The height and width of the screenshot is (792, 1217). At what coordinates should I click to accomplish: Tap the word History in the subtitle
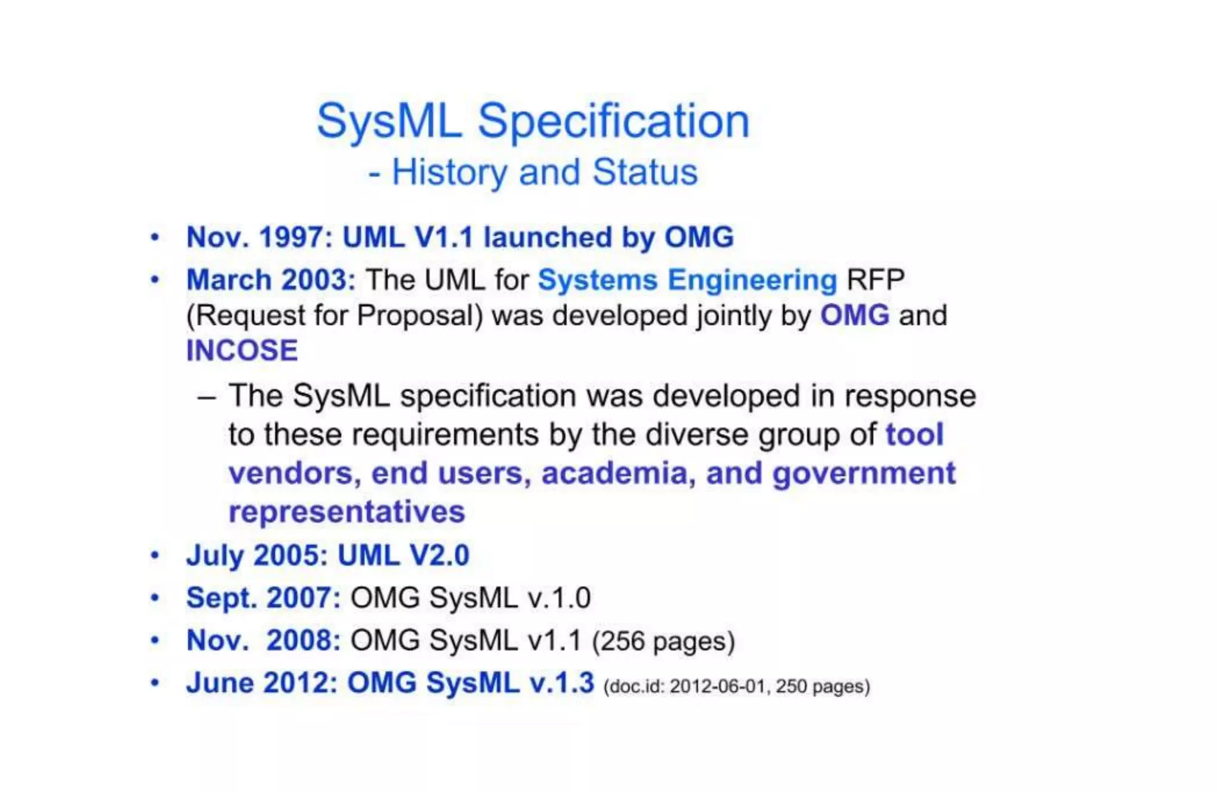449,172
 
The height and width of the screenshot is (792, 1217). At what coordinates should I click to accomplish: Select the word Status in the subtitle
645,172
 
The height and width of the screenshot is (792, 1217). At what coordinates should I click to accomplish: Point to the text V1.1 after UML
443,237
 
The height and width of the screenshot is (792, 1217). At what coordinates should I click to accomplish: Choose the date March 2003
270,280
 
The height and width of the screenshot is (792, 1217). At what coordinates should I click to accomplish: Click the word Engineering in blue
752,280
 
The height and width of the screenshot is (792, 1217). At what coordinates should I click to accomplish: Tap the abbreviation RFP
875,280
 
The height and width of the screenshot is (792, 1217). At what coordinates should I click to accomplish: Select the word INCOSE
242,351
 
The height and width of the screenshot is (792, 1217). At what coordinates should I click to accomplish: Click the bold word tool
914,434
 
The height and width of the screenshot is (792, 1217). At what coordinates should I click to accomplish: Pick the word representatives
346,512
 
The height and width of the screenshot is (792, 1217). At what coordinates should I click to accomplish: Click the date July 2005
257,556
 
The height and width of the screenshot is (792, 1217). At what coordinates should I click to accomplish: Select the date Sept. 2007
263,598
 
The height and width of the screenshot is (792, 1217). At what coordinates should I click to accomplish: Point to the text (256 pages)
664,641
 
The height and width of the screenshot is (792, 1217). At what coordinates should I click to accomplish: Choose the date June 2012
262,683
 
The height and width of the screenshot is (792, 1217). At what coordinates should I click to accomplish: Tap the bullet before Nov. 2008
155,640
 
